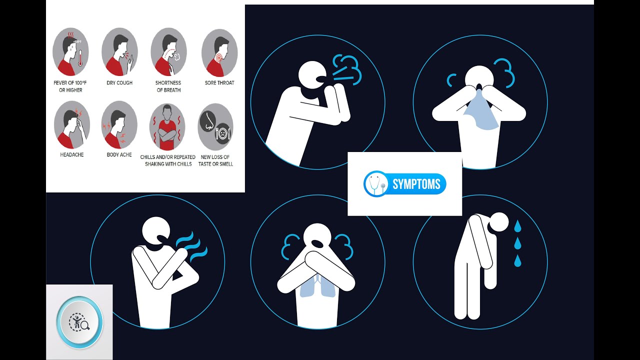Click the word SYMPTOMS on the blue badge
(416, 184)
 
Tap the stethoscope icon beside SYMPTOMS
(375, 184)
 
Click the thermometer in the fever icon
(80, 58)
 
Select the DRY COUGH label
(119, 83)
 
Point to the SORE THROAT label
(219, 83)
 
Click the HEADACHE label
(71, 154)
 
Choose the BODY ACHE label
(119, 154)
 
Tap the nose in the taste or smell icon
(207, 120)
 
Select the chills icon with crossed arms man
(167, 127)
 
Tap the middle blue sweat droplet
(517, 243)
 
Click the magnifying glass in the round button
(85, 325)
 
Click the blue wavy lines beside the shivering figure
(191, 246)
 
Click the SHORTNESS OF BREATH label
(168, 86)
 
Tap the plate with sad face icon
(223, 133)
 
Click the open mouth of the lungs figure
(317, 243)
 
